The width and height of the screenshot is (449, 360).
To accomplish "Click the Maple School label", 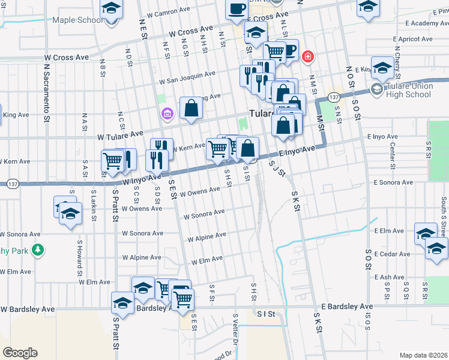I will (77, 20).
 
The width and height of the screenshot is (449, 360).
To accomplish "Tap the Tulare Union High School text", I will (409, 90).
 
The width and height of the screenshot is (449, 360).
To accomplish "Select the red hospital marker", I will (308, 56).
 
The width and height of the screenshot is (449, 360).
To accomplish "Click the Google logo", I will (20, 353).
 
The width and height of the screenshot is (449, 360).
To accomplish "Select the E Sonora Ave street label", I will (393, 182).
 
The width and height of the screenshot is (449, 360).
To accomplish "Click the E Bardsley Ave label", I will (346, 306).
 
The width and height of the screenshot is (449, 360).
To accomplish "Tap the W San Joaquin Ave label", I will (187, 77).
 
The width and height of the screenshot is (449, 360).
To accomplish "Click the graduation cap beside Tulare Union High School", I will (382, 70).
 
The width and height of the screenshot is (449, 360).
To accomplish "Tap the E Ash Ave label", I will (389, 277).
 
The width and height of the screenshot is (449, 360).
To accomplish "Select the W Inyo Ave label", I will (142, 179).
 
